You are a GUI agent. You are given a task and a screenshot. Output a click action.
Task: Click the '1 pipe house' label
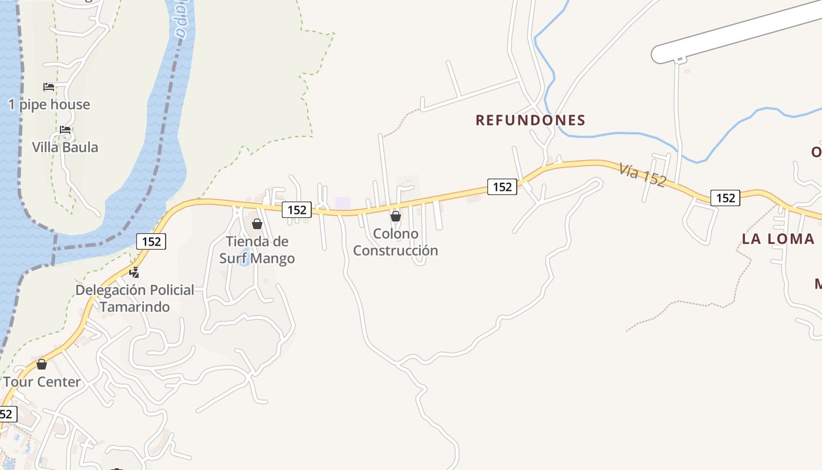tap(49, 105)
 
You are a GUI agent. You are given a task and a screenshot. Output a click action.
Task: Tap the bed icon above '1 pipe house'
tap(49, 87)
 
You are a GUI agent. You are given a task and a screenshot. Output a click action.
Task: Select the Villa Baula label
tap(65, 147)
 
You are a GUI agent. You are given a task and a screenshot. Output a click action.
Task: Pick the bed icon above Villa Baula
tap(65, 129)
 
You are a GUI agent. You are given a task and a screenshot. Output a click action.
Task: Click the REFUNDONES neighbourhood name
tap(530, 120)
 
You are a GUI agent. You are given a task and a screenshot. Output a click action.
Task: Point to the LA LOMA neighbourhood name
tap(778, 239)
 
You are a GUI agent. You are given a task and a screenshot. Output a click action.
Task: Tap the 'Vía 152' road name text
tap(642, 175)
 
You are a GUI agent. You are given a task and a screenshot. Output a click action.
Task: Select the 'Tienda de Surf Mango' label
tap(257, 250)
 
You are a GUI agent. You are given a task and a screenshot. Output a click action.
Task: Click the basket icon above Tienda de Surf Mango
tap(257, 224)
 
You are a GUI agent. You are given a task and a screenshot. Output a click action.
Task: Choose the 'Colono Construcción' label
tap(395, 242)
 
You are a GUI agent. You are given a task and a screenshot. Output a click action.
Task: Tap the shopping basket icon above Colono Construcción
tap(396, 216)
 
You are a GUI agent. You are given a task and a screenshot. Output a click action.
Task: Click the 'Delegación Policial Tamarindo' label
tap(134, 298)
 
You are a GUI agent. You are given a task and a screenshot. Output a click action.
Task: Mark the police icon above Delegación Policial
tap(134, 272)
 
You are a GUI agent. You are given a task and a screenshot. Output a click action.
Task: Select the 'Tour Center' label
tap(42, 382)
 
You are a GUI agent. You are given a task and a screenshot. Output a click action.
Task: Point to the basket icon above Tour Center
tap(42, 364)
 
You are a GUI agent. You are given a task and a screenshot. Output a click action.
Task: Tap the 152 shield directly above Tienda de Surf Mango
tap(297, 209)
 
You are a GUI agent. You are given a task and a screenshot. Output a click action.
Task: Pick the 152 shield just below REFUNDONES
tap(502, 187)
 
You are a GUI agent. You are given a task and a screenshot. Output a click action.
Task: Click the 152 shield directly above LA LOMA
tap(725, 197)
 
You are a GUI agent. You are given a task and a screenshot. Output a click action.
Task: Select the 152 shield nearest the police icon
tap(151, 241)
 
